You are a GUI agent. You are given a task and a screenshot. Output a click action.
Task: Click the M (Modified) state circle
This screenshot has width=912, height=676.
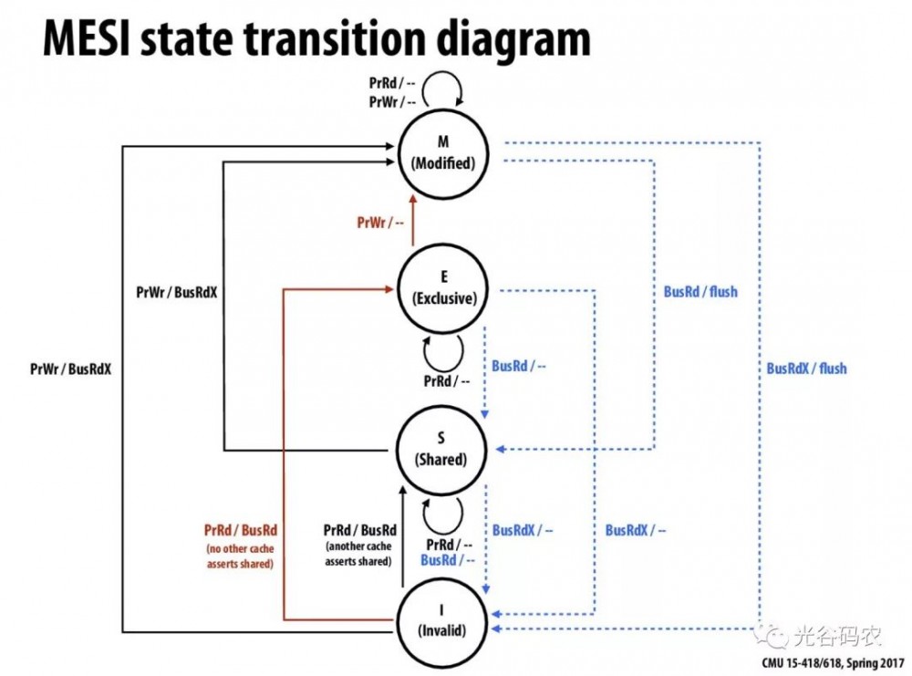(x=442, y=155)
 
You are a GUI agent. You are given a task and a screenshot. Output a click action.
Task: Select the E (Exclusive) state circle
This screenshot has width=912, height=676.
(x=443, y=287)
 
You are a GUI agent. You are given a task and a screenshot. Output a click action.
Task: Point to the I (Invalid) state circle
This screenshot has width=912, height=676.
(x=440, y=620)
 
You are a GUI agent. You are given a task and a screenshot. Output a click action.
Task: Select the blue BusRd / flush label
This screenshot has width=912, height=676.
(x=700, y=292)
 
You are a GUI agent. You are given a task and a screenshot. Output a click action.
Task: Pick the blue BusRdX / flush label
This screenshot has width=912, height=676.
(x=806, y=369)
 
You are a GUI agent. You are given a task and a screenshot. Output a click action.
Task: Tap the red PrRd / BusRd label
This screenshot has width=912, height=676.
(x=241, y=530)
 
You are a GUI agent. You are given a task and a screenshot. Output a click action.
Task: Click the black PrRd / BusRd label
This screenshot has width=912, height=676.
(x=360, y=530)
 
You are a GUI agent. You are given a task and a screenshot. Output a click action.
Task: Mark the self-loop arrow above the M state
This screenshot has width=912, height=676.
(x=448, y=91)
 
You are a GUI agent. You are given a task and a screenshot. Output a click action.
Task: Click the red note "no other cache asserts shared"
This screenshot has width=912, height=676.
(x=240, y=556)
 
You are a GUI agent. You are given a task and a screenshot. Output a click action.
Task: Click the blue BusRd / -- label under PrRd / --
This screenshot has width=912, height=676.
(x=447, y=560)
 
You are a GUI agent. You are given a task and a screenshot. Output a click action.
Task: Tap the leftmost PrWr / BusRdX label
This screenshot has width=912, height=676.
(x=70, y=369)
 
